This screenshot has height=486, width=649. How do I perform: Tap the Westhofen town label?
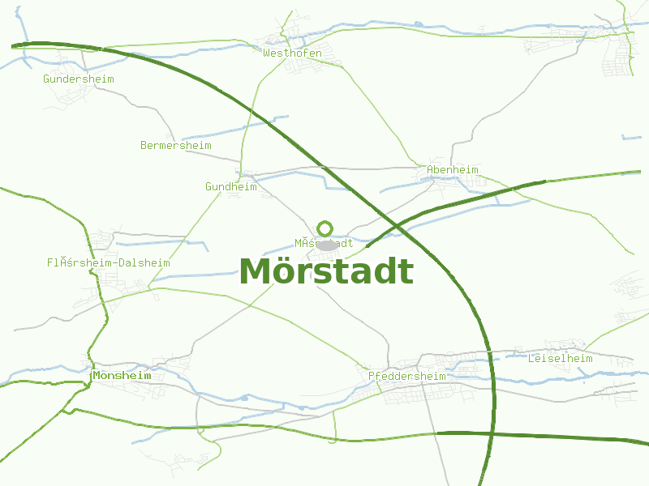(292, 53)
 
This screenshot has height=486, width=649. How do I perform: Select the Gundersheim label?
(78, 79)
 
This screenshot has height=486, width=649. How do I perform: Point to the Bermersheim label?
(175, 146)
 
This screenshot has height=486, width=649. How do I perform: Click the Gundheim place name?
(230, 187)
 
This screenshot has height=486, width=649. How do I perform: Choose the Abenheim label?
(452, 170)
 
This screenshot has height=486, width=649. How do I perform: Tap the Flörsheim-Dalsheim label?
(108, 263)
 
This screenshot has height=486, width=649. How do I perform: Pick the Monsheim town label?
(122, 376)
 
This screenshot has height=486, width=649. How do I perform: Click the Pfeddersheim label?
(406, 377)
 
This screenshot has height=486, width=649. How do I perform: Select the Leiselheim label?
(560, 358)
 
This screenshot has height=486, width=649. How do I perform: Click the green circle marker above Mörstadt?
(325, 228)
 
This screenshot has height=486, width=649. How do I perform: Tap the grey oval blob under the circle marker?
(326, 245)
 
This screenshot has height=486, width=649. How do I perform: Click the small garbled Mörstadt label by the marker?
(324, 243)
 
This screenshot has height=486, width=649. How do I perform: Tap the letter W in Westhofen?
(266, 53)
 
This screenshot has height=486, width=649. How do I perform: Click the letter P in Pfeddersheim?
(372, 377)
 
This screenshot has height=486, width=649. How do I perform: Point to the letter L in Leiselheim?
(531, 358)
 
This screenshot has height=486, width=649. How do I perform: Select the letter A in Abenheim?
(430, 170)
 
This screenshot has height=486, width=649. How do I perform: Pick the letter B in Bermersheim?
(144, 146)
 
